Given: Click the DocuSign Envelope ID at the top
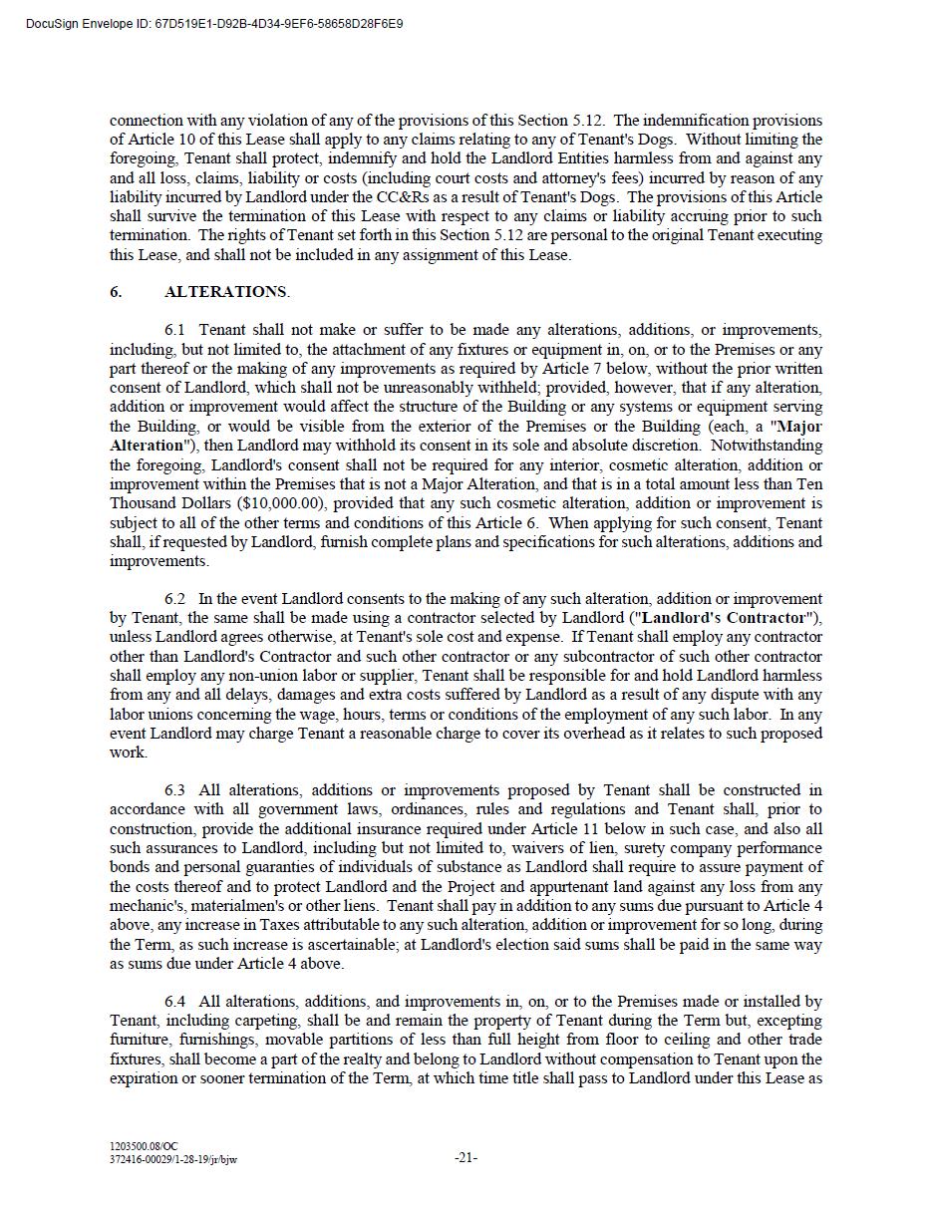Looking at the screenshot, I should coord(215,23).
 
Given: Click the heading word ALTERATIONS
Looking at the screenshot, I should coord(225,292).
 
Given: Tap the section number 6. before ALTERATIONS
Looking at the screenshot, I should coord(116,292).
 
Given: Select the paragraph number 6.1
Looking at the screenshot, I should coord(175,330).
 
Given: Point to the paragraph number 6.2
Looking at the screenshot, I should coord(175,599).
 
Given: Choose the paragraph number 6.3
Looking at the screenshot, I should coord(175,790).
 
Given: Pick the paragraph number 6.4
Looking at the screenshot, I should coord(175,1002).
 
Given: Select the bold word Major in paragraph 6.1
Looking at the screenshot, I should coord(799,427).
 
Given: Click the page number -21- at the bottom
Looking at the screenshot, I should coord(465,1158).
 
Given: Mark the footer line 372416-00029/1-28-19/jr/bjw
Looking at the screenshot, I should coord(173,1159).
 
